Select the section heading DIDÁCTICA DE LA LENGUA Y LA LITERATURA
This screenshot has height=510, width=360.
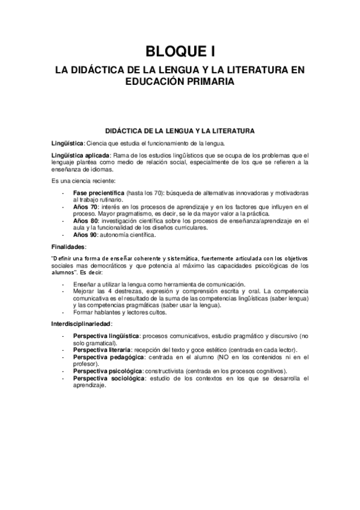(x=180, y=131)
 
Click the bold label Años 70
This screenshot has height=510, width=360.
(x=85, y=206)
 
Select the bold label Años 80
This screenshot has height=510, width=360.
(x=85, y=221)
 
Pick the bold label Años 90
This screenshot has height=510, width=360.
(x=85, y=235)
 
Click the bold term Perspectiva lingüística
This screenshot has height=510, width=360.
(x=106, y=335)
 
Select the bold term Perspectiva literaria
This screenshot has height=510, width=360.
(x=102, y=349)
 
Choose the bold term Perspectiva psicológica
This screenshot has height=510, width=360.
(x=108, y=371)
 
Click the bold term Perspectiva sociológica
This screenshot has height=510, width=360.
(x=108, y=378)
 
